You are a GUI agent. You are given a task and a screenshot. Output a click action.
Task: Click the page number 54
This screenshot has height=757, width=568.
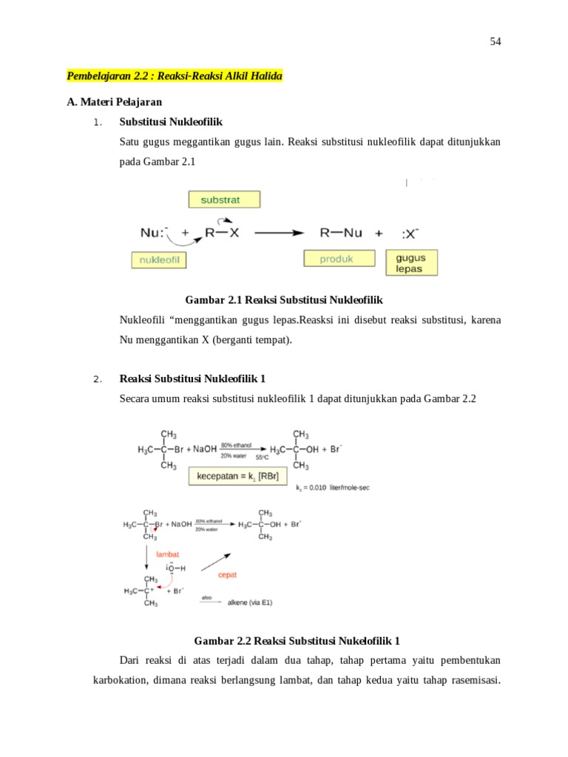click(496, 42)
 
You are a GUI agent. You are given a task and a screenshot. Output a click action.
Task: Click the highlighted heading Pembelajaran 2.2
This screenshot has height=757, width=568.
click(175, 76)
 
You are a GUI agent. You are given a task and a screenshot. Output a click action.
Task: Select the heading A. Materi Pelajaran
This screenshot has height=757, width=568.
click(114, 102)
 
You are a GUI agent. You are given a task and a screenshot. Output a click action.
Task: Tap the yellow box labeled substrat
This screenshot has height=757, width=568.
click(225, 200)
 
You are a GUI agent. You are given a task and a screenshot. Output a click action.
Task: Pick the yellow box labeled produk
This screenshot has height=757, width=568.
click(337, 258)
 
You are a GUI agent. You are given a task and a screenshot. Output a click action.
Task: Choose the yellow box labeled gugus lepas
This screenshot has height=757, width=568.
click(411, 262)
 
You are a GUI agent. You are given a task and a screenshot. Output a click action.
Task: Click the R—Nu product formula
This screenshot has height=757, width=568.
click(341, 232)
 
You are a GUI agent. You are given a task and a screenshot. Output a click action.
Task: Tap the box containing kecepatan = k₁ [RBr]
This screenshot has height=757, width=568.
click(237, 476)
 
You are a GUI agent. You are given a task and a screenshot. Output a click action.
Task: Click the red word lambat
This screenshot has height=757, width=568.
click(167, 554)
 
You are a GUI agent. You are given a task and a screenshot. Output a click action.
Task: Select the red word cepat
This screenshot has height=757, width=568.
click(227, 574)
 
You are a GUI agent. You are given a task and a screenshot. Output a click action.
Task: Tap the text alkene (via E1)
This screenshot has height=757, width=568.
click(249, 602)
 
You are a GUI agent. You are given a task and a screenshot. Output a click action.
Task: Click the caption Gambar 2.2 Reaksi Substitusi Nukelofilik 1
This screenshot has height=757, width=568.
click(296, 640)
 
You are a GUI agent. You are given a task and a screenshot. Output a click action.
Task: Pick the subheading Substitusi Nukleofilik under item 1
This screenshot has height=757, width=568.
click(171, 121)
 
